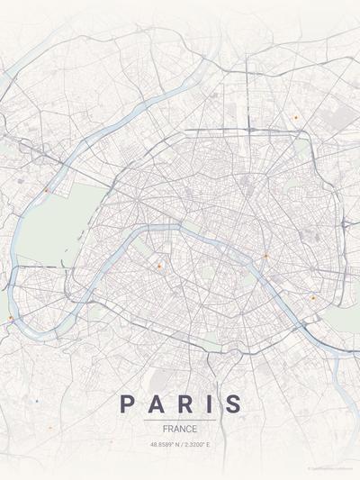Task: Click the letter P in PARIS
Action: (127, 404)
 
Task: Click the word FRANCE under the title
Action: (180, 430)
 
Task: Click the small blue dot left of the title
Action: (37, 401)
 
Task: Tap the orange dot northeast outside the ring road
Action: (295, 117)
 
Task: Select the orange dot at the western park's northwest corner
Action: (46, 190)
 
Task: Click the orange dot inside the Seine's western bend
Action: (158, 267)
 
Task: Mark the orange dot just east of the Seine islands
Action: (265, 256)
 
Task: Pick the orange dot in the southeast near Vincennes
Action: (313, 297)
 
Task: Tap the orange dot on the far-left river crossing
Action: (11, 318)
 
